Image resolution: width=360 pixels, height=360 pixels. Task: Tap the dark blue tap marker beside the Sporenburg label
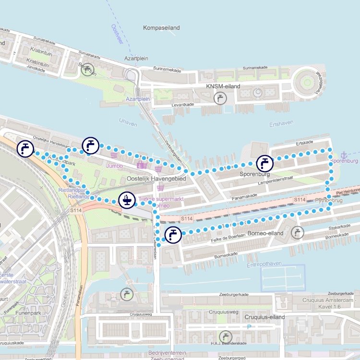point(264,163)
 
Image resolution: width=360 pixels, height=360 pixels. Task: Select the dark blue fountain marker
point(127,200)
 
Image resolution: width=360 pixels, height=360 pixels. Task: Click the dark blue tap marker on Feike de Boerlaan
point(173,235)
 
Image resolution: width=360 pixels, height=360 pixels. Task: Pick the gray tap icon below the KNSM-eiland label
point(220,98)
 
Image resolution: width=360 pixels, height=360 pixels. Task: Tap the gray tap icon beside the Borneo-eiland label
point(298,233)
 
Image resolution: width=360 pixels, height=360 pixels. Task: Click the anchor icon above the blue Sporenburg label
point(344,155)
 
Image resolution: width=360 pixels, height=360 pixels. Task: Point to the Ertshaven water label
point(281,124)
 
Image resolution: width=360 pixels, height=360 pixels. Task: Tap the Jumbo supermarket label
point(115,166)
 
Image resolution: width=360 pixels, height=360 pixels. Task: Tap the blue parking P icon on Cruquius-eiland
point(249,327)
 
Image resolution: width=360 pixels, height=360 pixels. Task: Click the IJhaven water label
point(127,124)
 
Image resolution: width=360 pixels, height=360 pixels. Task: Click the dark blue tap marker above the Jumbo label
point(90,144)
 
